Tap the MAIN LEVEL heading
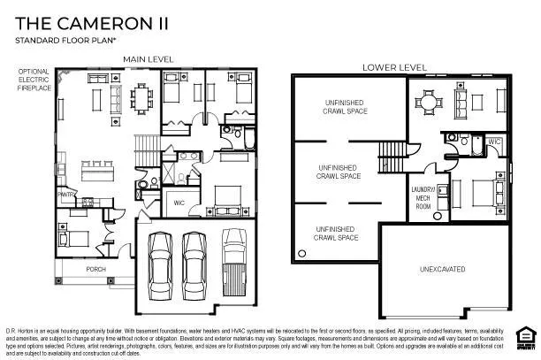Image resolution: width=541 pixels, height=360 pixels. [148, 59]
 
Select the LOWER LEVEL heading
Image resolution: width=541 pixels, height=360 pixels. [393, 67]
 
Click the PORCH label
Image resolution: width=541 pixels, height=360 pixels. [96, 269]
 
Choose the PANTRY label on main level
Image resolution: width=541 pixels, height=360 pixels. [65, 192]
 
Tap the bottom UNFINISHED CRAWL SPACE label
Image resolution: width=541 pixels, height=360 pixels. [337, 234]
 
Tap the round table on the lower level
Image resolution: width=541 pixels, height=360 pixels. [430, 102]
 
